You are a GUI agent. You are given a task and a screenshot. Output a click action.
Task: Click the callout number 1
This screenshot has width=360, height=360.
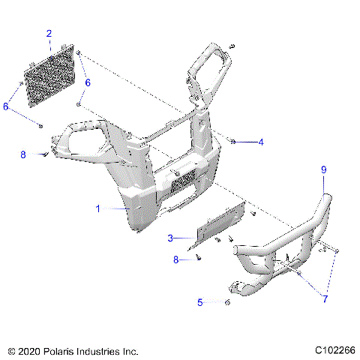(97, 209)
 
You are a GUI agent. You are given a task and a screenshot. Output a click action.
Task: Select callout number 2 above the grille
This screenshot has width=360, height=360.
(49, 34)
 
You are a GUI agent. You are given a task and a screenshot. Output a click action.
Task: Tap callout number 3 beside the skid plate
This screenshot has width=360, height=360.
(170, 238)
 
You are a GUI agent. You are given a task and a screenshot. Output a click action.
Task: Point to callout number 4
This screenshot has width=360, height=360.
(261, 142)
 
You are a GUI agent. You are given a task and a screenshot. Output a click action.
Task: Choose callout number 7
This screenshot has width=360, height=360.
(325, 298)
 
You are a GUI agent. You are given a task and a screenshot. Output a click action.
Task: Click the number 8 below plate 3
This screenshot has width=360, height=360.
(177, 259)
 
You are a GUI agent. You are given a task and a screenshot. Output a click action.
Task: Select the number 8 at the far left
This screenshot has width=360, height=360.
(23, 154)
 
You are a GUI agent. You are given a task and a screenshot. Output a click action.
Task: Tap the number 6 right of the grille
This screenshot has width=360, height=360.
(88, 82)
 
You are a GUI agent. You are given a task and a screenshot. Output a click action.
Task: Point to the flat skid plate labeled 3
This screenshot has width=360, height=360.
(217, 229)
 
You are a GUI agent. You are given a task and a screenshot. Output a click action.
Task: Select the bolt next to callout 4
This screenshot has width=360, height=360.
(232, 141)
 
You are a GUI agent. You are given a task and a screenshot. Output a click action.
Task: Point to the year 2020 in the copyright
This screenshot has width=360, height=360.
(31, 351)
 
